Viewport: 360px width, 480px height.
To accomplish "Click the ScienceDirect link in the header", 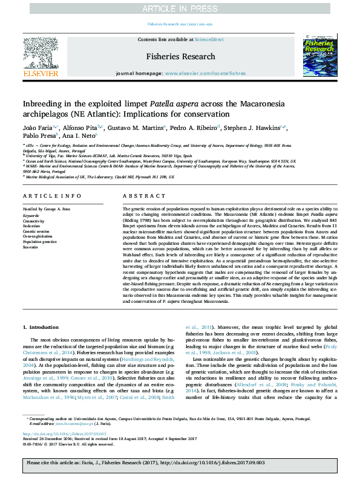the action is coord(209,39).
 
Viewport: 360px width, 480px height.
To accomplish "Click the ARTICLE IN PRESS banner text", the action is coord(180,8).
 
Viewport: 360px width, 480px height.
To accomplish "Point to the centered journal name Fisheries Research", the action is coord(180,56).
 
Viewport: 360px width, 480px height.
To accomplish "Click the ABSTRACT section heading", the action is coord(136,196).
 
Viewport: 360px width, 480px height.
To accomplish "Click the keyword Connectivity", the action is coord(35,220).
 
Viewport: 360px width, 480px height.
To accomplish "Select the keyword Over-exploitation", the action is coord(39,236).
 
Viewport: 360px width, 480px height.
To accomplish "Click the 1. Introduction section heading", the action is coord(41,327).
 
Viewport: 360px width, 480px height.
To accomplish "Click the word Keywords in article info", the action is coord(31,215).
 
